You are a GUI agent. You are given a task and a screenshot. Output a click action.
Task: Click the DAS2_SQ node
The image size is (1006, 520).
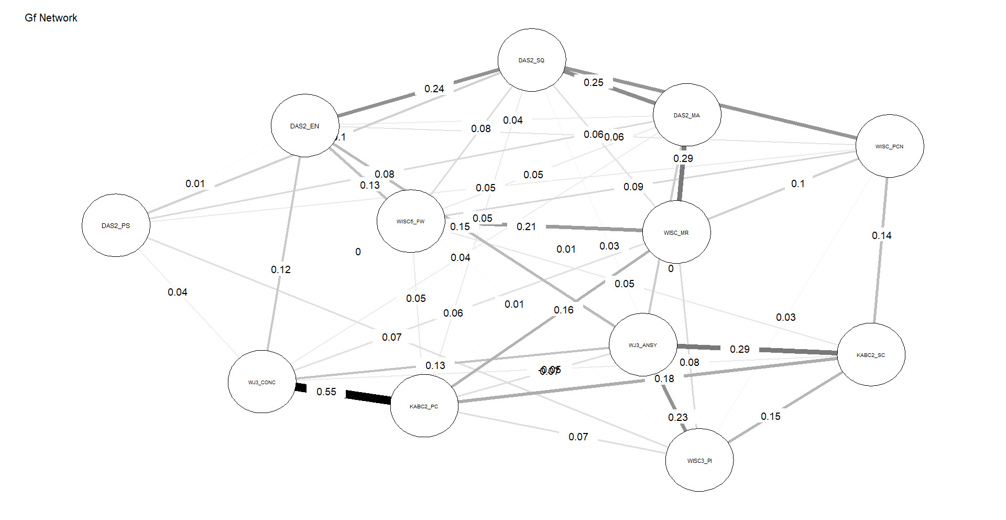tap(531, 60)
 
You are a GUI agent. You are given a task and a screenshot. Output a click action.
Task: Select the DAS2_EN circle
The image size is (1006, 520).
tap(304, 126)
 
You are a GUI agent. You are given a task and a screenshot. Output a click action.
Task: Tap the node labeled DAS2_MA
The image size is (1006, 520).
tap(686, 115)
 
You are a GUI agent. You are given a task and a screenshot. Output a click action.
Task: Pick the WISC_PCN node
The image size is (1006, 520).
tap(889, 146)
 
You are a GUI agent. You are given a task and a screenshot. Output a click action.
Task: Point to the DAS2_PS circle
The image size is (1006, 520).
tap(116, 225)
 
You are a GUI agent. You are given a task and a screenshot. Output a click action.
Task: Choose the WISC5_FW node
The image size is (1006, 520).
tap(410, 221)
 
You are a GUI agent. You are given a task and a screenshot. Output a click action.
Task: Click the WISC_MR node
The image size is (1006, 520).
tap(676, 232)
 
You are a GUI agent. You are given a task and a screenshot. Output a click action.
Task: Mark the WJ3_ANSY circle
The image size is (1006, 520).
tap(642, 345)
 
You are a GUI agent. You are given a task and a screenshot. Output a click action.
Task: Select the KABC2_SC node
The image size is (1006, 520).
tap(870, 355)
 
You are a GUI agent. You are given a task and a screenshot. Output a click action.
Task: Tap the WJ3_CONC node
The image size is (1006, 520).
tap(261, 382)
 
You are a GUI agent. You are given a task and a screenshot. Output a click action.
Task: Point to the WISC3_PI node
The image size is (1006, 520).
tap(699, 460)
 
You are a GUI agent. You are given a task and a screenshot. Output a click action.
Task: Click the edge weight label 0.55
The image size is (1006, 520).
tap(326, 392)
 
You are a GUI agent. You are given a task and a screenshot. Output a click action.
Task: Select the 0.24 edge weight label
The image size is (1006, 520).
tap(434, 89)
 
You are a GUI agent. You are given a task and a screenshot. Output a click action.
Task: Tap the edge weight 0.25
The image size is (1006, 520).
tap(594, 83)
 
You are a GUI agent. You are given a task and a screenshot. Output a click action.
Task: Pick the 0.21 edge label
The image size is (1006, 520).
tap(526, 226)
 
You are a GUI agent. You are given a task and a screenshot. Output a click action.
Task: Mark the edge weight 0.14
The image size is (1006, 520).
tap(881, 236)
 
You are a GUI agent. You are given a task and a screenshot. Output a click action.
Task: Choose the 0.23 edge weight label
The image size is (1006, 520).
tap(677, 417)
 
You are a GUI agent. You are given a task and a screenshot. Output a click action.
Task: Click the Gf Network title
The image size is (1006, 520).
tap(51, 18)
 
